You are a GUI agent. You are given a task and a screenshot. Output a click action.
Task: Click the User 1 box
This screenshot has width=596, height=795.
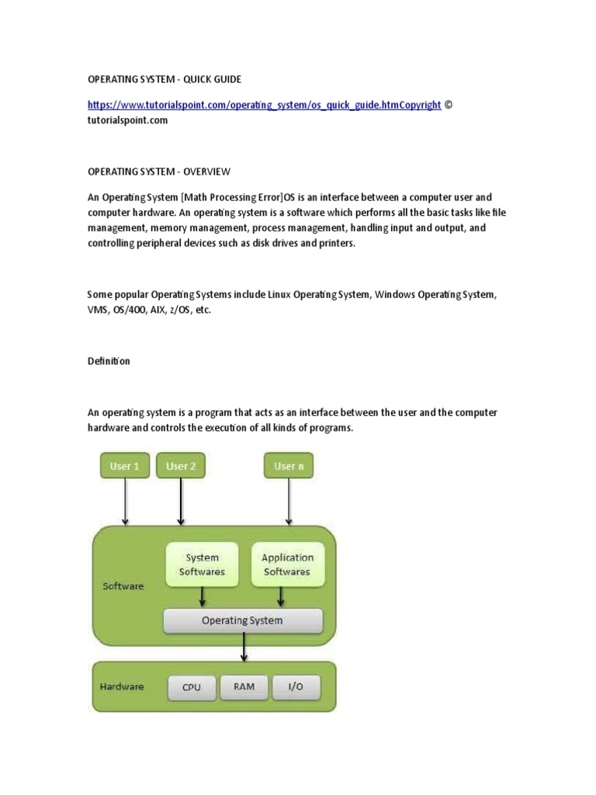click(124, 466)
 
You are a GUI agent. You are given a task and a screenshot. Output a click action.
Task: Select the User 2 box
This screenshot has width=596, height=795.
click(181, 466)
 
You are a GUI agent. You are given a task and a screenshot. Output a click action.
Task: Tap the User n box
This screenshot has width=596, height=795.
click(289, 466)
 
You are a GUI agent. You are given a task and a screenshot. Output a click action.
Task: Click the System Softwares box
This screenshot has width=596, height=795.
click(202, 564)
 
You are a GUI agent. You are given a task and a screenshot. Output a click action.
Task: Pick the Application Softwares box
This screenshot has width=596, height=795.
click(287, 564)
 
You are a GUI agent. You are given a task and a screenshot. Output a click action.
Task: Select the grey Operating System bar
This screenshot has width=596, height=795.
click(242, 620)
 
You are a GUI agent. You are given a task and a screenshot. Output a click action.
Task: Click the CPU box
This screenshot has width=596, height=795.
click(191, 687)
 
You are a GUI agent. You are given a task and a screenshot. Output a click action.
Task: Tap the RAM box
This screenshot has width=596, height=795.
click(244, 687)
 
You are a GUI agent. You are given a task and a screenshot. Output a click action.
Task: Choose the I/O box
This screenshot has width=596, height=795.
click(296, 687)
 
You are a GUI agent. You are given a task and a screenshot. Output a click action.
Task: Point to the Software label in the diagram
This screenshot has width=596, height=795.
click(123, 586)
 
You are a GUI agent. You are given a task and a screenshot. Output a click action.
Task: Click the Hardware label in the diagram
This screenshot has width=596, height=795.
click(122, 686)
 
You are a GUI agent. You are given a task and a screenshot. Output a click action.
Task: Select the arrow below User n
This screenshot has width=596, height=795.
click(289, 502)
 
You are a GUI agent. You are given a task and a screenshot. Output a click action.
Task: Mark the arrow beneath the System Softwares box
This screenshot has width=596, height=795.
click(203, 596)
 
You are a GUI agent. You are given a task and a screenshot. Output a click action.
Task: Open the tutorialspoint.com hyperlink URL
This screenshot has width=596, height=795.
click(264, 105)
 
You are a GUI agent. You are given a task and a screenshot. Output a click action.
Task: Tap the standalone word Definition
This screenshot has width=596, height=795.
click(109, 361)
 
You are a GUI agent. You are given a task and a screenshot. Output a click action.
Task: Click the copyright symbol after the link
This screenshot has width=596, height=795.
click(447, 105)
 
